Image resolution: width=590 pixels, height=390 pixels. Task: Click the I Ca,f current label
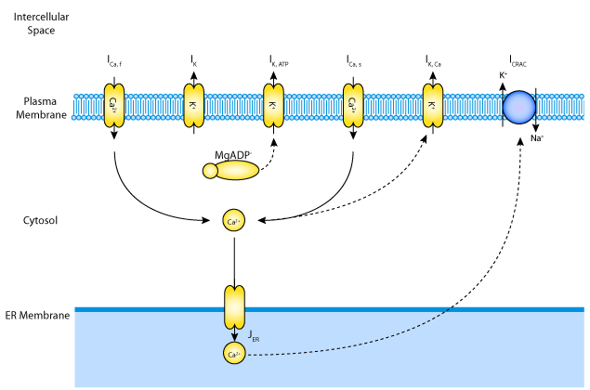(114, 61)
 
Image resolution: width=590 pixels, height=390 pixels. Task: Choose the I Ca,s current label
(354, 61)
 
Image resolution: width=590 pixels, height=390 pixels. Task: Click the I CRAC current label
(517, 61)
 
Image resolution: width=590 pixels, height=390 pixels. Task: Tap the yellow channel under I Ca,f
(113, 105)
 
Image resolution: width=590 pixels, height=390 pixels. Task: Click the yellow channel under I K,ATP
(273, 105)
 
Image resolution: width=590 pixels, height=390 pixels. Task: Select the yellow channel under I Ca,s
(353, 105)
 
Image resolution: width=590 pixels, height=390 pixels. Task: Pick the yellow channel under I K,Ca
(433, 105)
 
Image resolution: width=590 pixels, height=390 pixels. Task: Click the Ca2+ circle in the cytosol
(233, 221)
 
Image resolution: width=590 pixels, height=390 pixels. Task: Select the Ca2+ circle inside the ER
(233, 353)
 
